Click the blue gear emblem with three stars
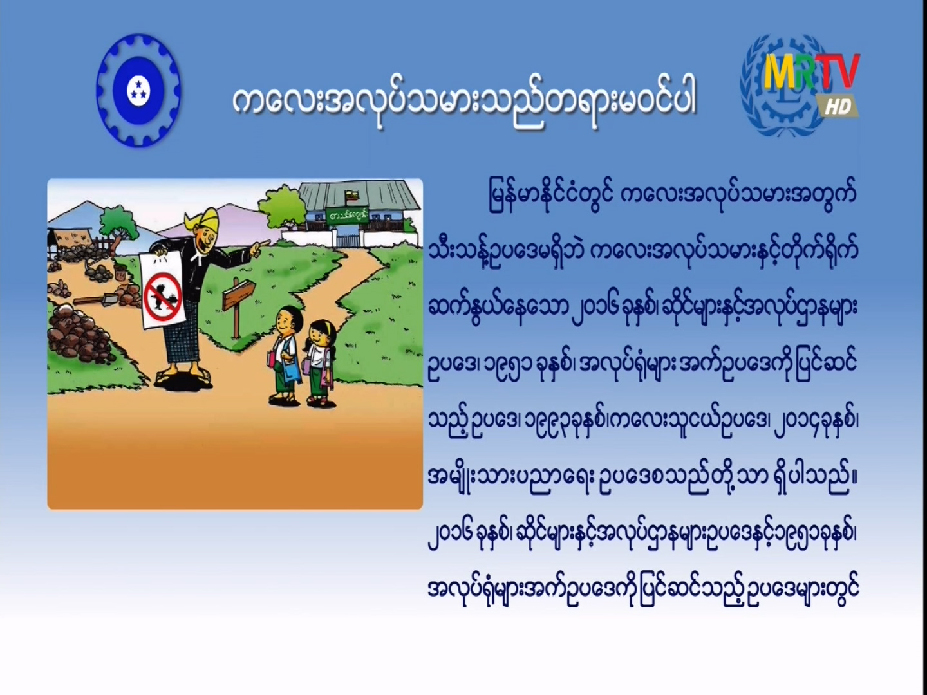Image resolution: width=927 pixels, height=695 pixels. (138, 90)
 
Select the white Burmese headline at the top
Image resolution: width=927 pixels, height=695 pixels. (464, 106)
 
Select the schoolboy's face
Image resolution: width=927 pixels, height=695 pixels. (284, 324)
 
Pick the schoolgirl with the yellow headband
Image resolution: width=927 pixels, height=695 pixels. (319, 363)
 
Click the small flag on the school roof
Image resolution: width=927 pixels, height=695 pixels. (351, 196)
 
